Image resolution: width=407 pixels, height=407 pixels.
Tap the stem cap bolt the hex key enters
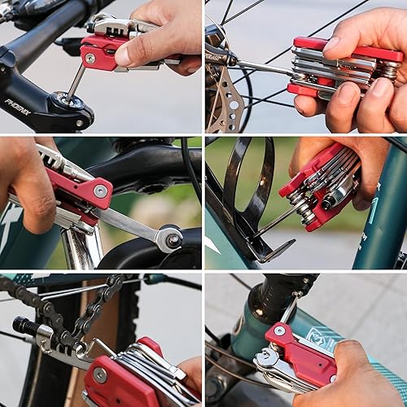(x=63, y=104)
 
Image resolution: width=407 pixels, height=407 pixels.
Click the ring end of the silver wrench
(x=169, y=238)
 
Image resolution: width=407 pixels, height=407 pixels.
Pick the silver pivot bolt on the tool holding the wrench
(x=100, y=190)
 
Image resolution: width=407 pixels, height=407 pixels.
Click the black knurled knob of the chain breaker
(x=24, y=326)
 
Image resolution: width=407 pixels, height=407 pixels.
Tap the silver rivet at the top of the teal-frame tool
(x=279, y=330)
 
